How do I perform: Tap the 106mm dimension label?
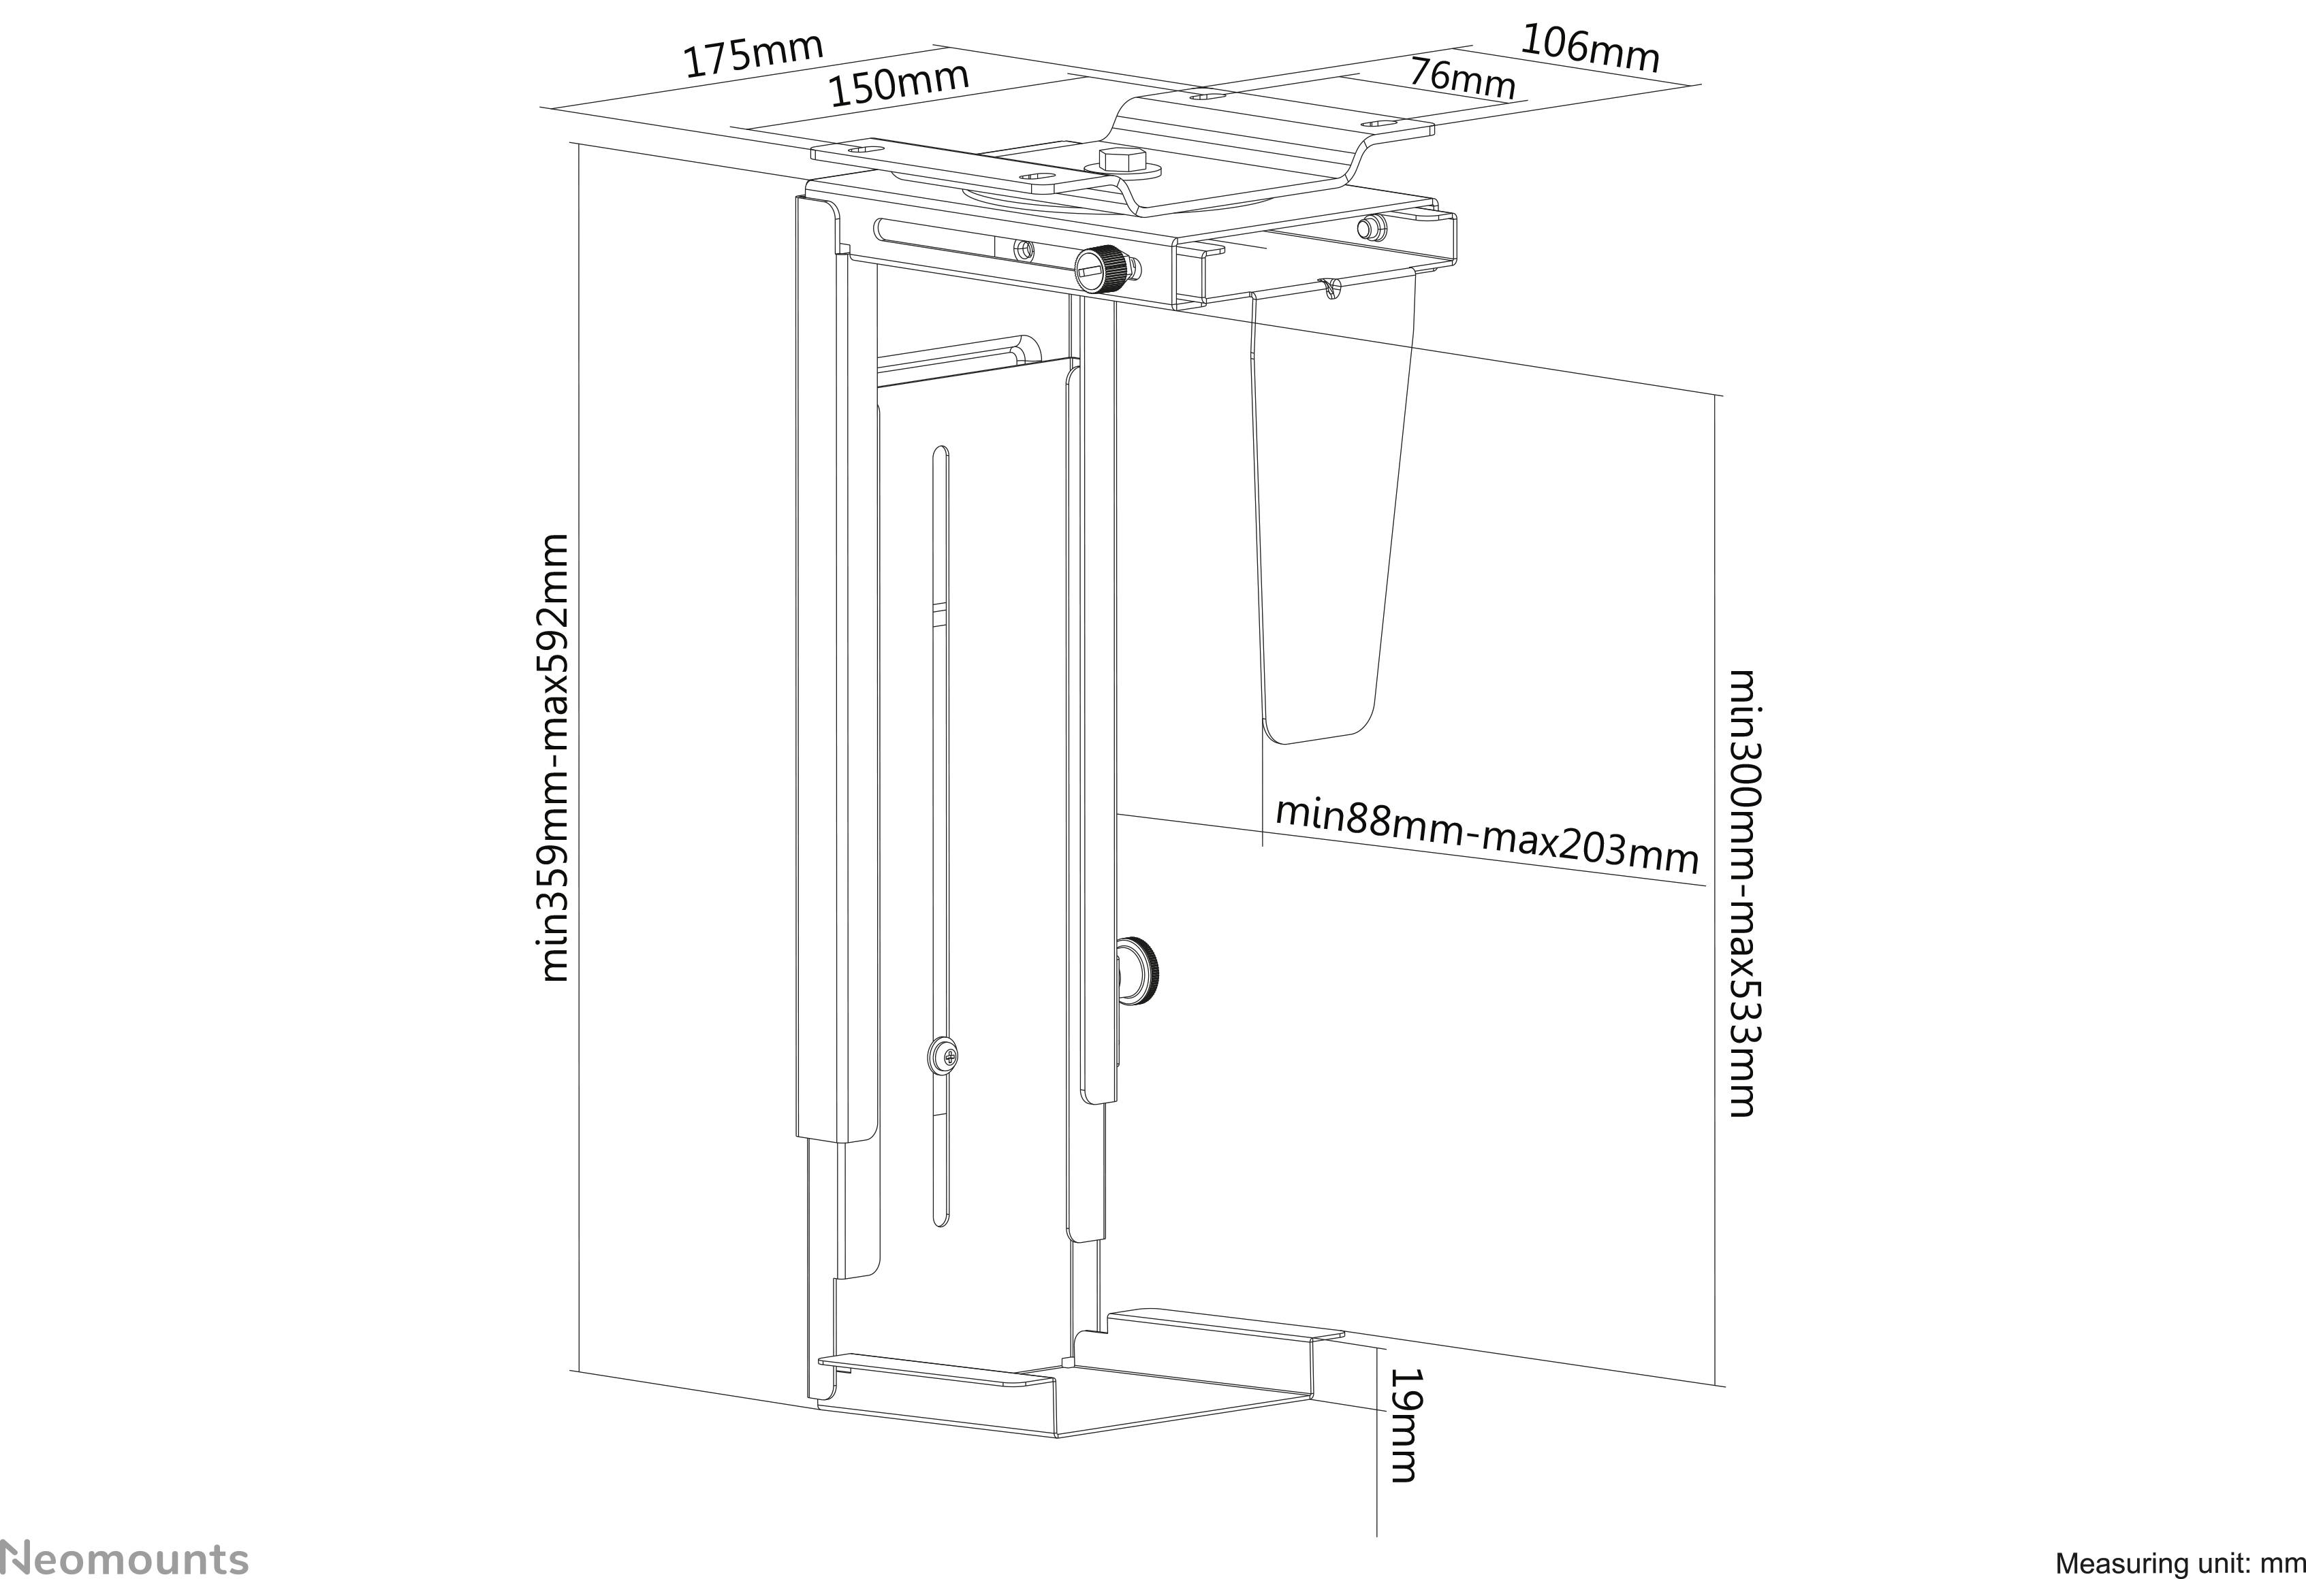point(1590,48)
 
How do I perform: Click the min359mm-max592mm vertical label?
point(554,759)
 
